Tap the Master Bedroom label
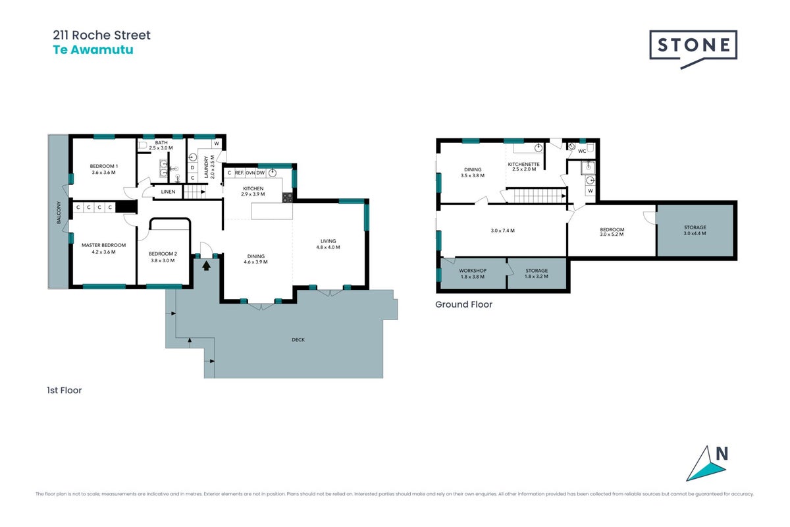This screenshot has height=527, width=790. click(x=104, y=245)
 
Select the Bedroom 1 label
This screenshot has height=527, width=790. click(x=104, y=166)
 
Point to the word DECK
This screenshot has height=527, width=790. click(x=298, y=339)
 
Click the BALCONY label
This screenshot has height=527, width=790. click(x=59, y=213)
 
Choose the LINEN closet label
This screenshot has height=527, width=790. click(x=168, y=192)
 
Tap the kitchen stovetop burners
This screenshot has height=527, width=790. click(x=288, y=198)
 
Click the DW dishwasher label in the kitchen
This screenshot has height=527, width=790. click(x=260, y=173)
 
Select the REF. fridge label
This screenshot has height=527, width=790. click(x=240, y=173)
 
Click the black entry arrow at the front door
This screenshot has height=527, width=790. click(x=206, y=265)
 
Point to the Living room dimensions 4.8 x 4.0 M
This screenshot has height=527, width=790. click(x=328, y=247)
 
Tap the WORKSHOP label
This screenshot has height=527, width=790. click(x=473, y=270)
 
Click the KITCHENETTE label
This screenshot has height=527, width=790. click(x=524, y=164)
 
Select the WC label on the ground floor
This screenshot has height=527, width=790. click(x=582, y=151)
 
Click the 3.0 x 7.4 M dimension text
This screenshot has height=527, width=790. click(x=502, y=231)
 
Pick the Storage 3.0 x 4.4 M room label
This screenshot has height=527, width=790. click(x=695, y=230)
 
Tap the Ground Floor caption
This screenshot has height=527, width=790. click(x=463, y=304)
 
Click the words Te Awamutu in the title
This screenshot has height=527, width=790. click(x=93, y=49)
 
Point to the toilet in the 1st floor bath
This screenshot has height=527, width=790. click(x=142, y=145)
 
